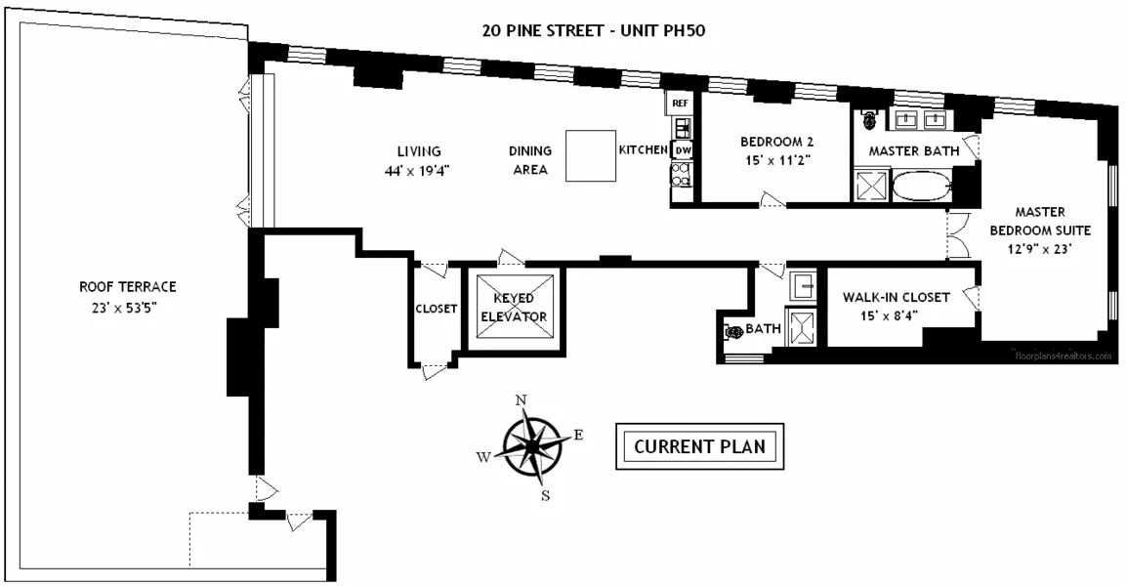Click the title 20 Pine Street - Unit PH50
point(593,29)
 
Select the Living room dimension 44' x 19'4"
point(418,169)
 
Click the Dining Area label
point(530,160)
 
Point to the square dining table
point(593,156)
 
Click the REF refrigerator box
point(680,103)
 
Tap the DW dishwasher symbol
point(682,150)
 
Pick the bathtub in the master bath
point(921,186)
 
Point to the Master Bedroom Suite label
point(1039,230)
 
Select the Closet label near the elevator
point(436,309)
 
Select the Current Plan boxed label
point(698,447)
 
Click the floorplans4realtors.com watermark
point(1064,356)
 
